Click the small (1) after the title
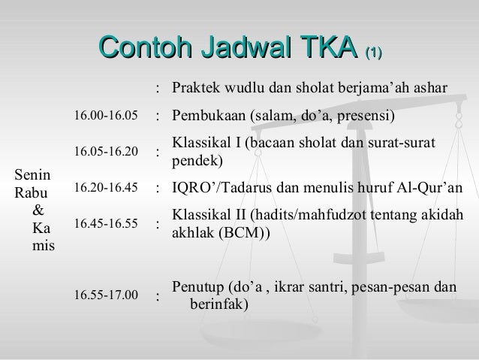(373, 53)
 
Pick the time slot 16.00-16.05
(106, 116)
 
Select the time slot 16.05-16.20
(106, 152)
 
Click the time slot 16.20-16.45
(106, 187)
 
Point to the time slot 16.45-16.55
(106, 223)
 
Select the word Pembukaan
(208, 116)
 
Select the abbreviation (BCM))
(246, 232)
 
